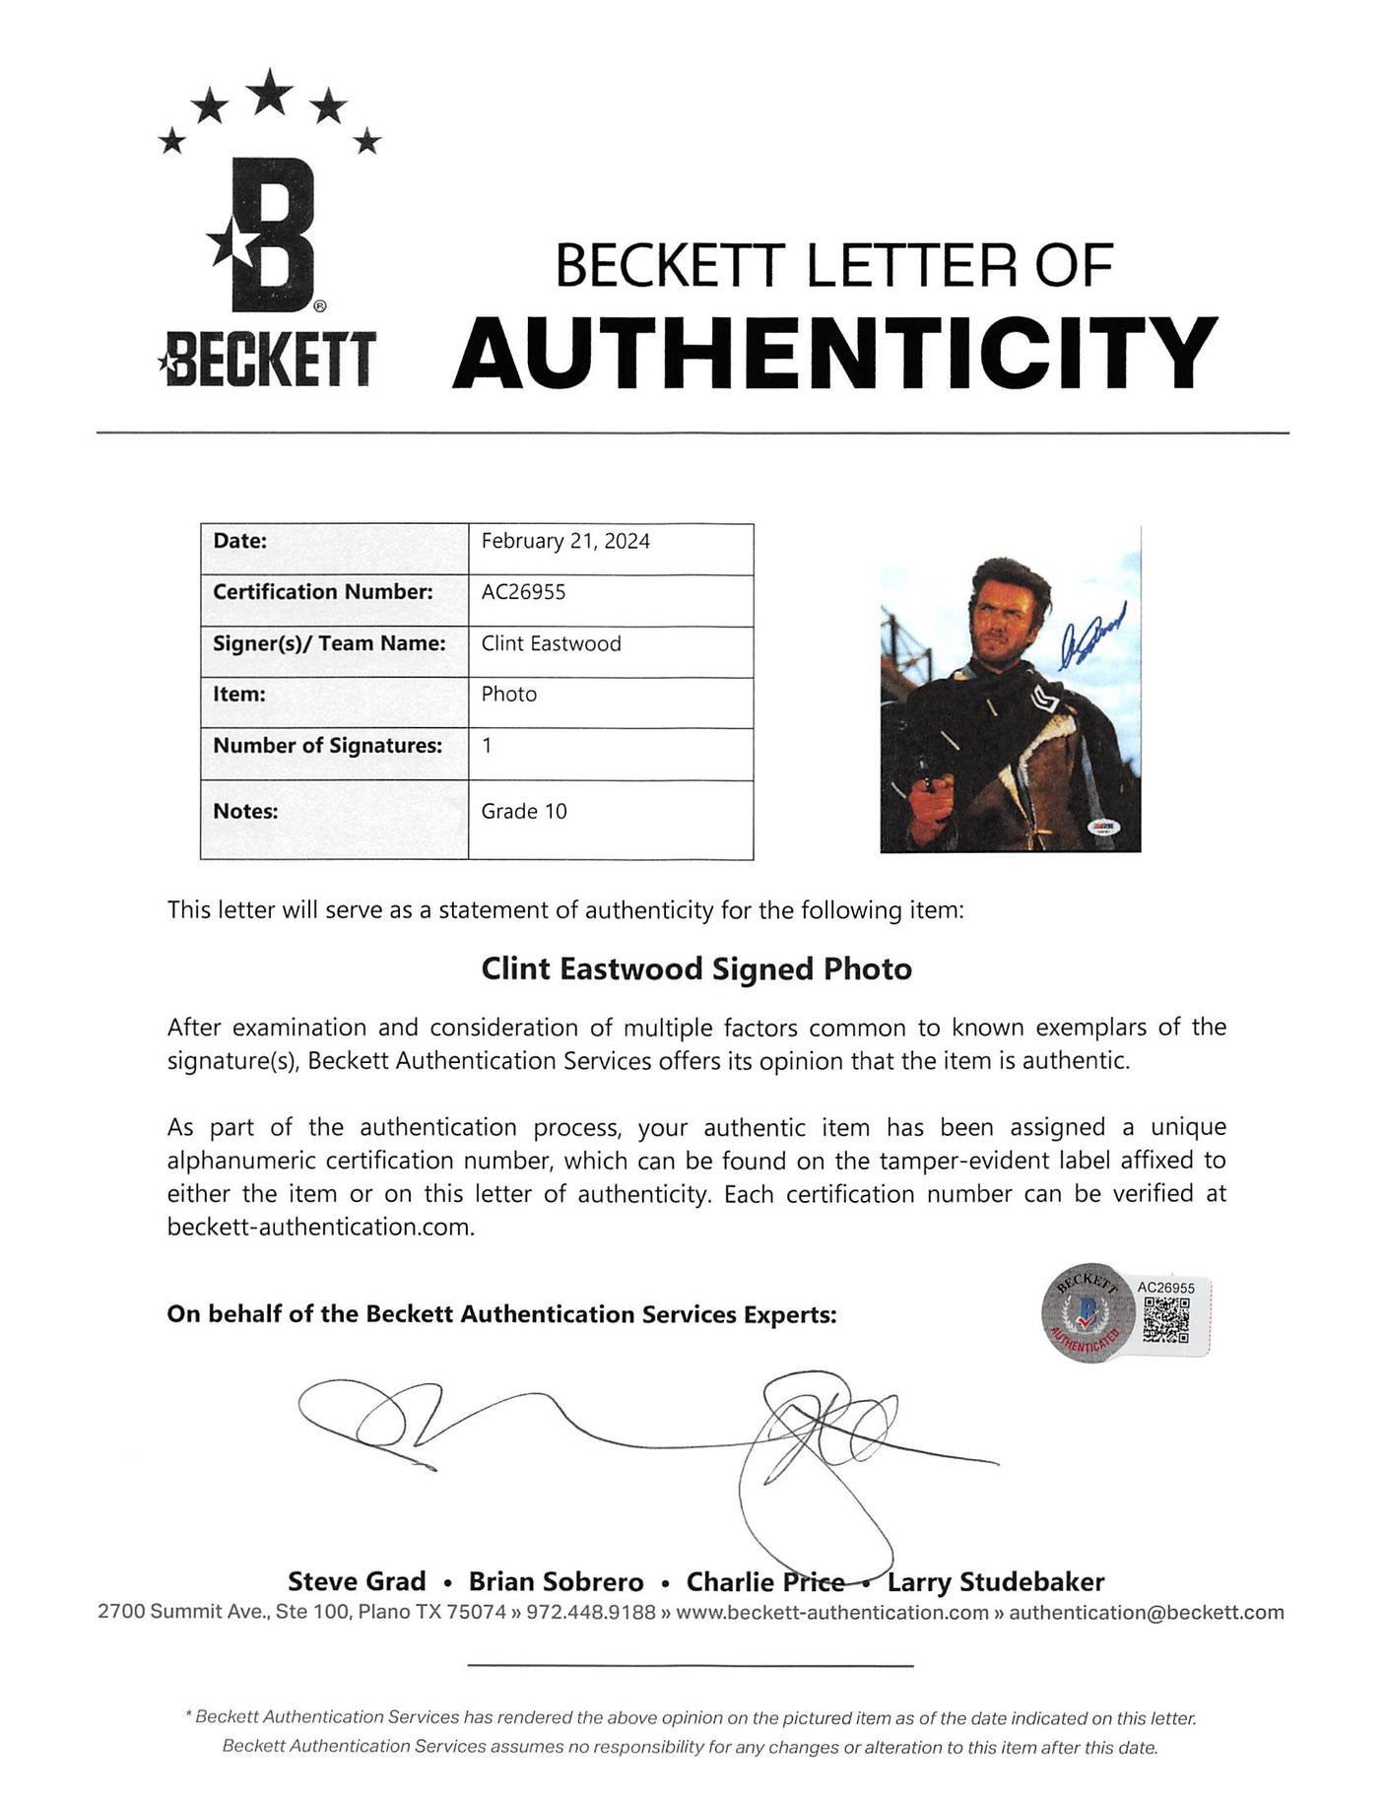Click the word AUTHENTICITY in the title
(835, 353)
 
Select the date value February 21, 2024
(565, 541)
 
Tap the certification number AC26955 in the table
(523, 592)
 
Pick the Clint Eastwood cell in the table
(551, 643)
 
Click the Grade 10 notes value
(524, 811)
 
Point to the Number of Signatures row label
(327, 746)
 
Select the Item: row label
(240, 695)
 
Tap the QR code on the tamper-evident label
(1166, 1320)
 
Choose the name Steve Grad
(357, 1581)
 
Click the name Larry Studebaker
(996, 1581)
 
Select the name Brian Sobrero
(556, 1581)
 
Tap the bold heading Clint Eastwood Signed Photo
(696, 968)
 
